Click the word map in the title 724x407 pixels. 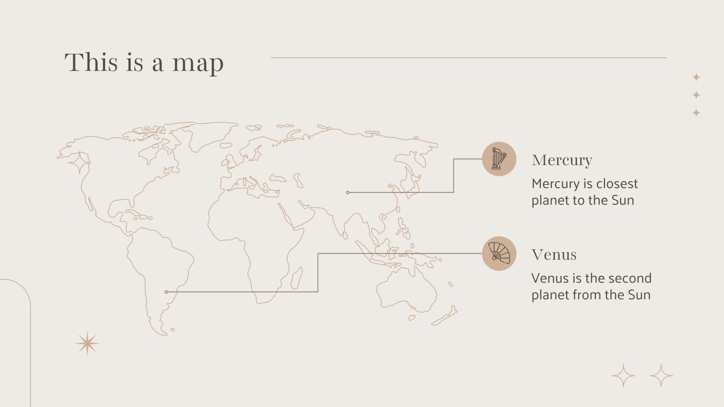tap(198, 63)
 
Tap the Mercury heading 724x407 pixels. tap(562, 160)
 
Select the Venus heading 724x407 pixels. tap(554, 255)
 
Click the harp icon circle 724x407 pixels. tap(499, 159)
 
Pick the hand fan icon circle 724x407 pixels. tap(499, 253)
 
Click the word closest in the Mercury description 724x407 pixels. tap(617, 184)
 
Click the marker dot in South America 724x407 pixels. tap(167, 292)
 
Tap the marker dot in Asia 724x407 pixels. tap(348, 192)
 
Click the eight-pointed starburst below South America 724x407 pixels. tap(87, 344)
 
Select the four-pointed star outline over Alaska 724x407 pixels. tap(79, 163)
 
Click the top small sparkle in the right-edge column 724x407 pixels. tap(696, 77)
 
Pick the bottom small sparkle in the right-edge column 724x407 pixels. tap(696, 113)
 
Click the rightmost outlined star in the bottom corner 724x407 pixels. tap(661, 375)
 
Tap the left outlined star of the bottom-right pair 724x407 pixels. tap(623, 375)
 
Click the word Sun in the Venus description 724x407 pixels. tap(639, 295)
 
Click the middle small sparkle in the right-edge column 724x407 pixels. tap(696, 95)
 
